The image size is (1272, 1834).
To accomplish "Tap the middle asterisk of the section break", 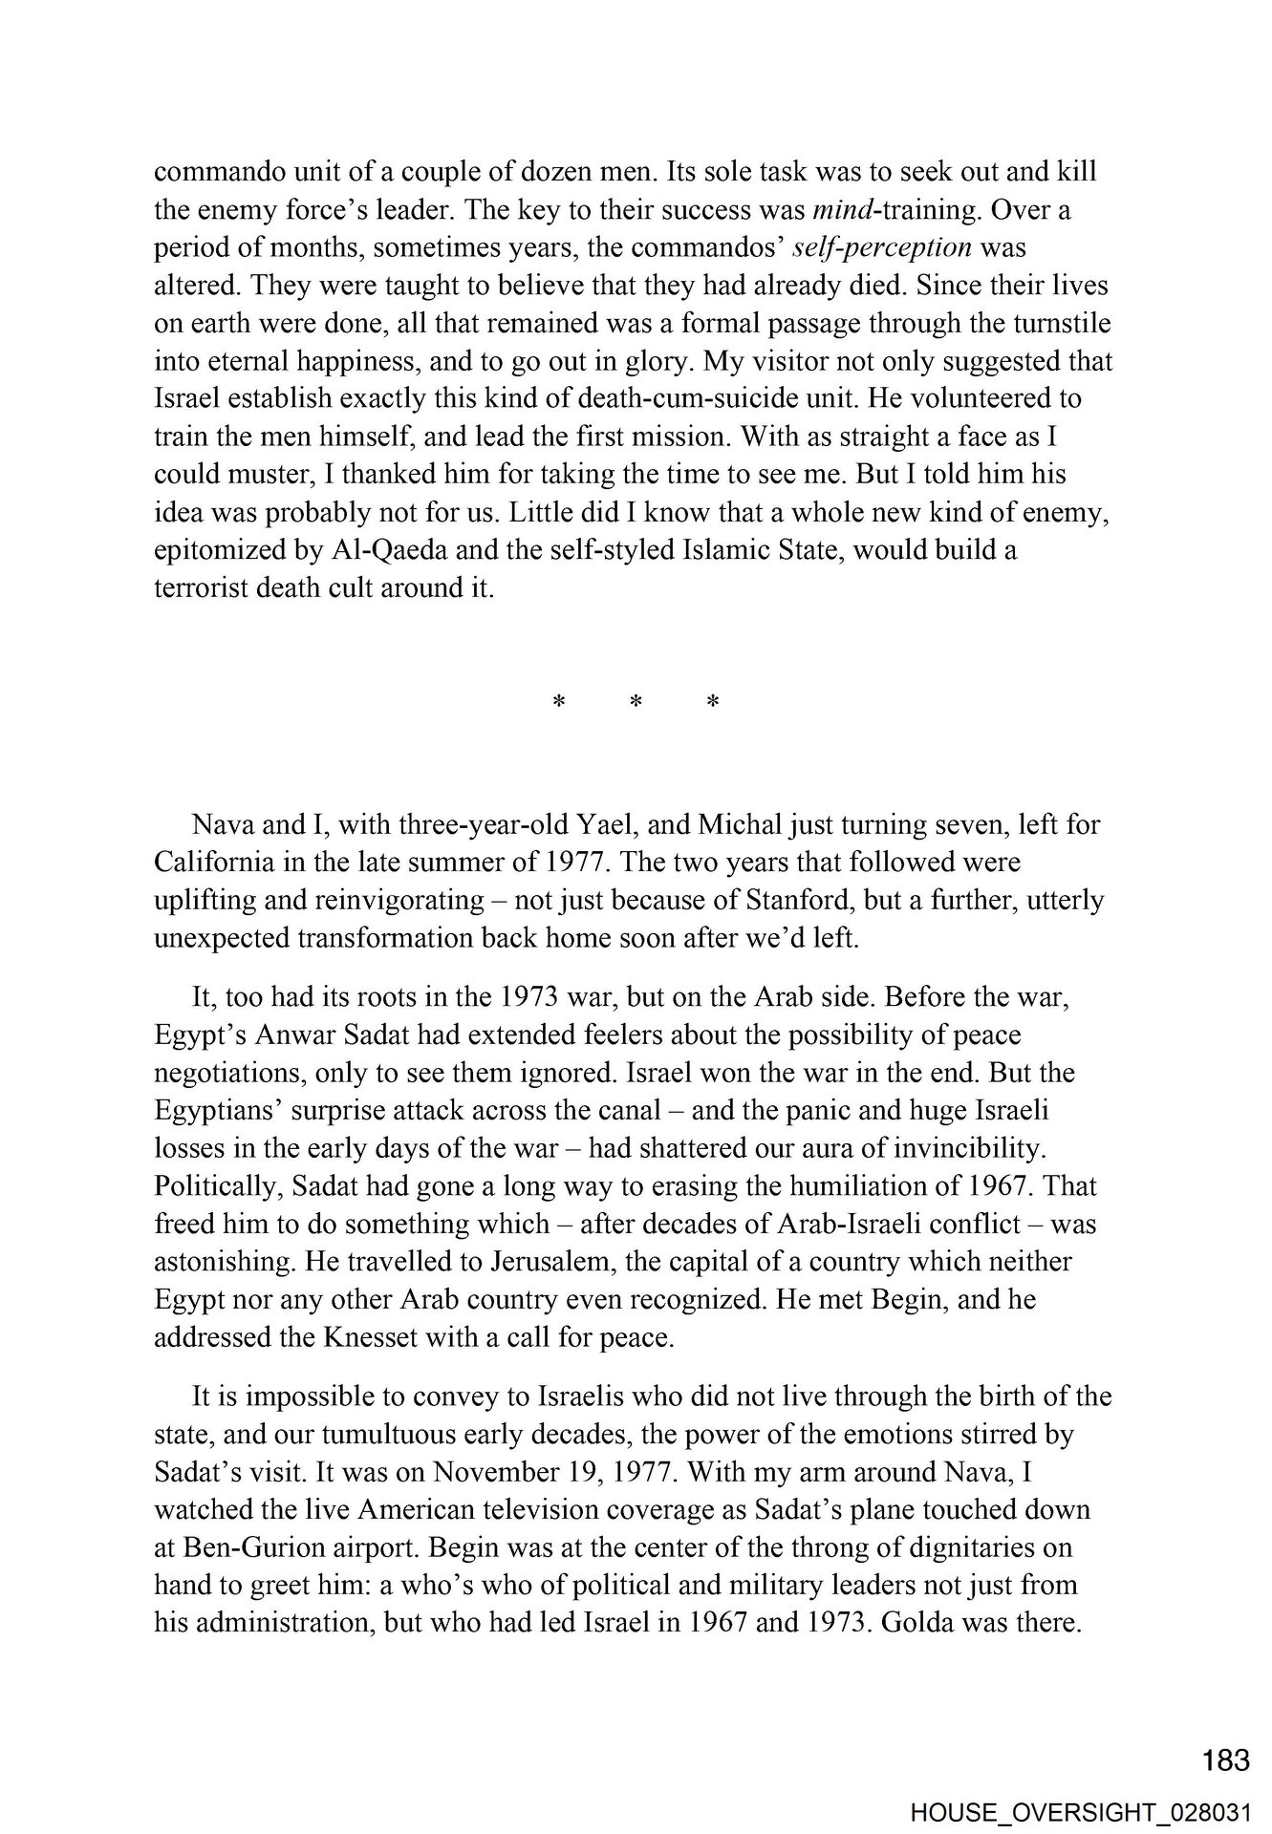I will click(636, 703).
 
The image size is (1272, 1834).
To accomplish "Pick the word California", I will click(213, 863).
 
